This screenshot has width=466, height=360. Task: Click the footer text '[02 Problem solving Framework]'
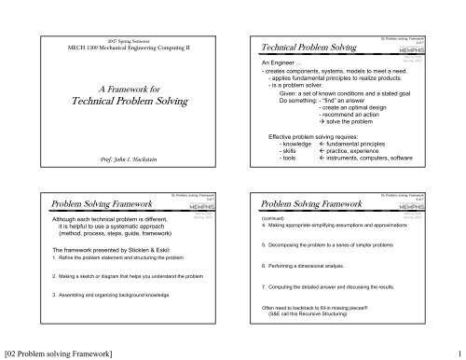(62, 353)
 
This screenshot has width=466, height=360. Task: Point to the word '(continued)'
(279, 217)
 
